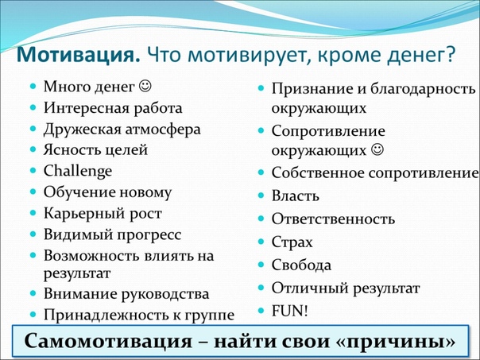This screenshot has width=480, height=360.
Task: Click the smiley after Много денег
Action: tap(145, 86)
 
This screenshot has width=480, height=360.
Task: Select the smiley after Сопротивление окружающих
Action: tap(377, 149)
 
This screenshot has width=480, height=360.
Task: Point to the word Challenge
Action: tap(78, 172)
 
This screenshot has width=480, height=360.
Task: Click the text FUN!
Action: tap(289, 311)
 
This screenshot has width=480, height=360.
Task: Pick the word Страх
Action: tap(292, 242)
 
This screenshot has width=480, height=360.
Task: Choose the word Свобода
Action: tap(301, 265)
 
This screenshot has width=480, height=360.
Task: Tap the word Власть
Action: tap(296, 195)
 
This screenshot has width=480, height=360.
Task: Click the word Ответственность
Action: tap(333, 219)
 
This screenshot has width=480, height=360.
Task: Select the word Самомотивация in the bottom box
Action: tap(108, 341)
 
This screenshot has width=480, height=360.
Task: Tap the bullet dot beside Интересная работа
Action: tap(33, 107)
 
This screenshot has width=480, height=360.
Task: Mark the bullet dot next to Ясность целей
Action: tap(33, 149)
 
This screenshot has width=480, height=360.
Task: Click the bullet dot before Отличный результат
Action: tap(261, 288)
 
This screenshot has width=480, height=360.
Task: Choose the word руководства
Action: tap(165, 295)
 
